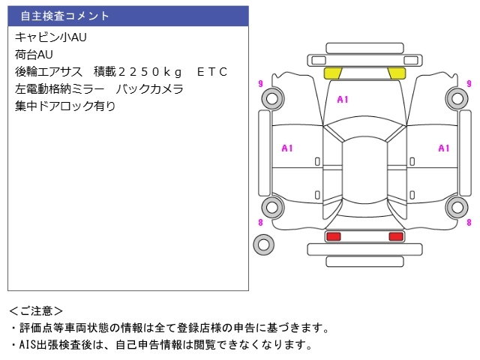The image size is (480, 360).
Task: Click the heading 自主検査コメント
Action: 64,16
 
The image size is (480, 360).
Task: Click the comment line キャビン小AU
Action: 51,37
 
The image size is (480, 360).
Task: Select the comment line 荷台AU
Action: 34,55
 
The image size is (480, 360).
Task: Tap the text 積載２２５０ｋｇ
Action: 138,72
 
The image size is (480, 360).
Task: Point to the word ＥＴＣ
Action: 212,72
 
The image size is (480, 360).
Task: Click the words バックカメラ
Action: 149,89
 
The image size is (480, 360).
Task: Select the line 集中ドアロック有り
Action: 65,106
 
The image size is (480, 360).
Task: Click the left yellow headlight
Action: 333,73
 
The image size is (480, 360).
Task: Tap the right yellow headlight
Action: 397,73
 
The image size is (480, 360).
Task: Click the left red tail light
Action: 334,236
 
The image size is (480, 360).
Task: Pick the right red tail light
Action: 396,236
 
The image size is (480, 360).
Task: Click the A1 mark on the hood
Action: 343,100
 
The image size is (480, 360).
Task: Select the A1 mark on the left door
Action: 287,148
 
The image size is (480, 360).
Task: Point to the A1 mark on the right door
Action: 444,148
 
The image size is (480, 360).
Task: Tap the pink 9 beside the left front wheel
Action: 260,83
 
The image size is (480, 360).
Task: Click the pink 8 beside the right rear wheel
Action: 469,222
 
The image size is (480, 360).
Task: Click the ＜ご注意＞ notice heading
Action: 36,311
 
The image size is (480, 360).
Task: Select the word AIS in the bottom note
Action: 27,345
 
